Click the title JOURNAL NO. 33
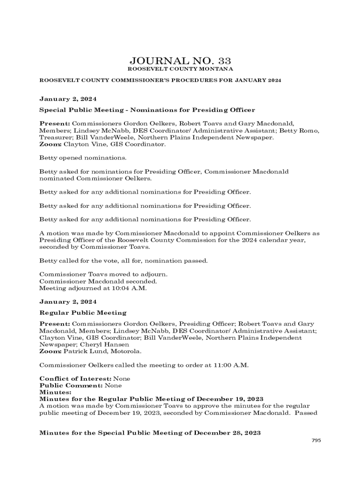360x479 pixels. (x=180, y=61)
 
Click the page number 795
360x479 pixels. (x=317, y=440)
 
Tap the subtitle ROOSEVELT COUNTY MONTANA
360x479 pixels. (x=180, y=69)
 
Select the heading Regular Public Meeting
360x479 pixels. (x=83, y=313)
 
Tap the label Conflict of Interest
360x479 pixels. (x=75, y=378)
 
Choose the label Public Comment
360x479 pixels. (x=71, y=385)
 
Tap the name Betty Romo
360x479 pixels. (x=300, y=131)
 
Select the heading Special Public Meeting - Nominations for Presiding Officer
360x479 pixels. (x=147, y=110)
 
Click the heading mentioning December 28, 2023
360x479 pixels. (x=150, y=433)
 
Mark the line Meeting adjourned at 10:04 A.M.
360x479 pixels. (x=93, y=289)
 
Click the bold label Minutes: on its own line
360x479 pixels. (x=55, y=392)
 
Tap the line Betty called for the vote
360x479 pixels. (x=123, y=261)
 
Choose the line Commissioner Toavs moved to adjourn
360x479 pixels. (x=103, y=275)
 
